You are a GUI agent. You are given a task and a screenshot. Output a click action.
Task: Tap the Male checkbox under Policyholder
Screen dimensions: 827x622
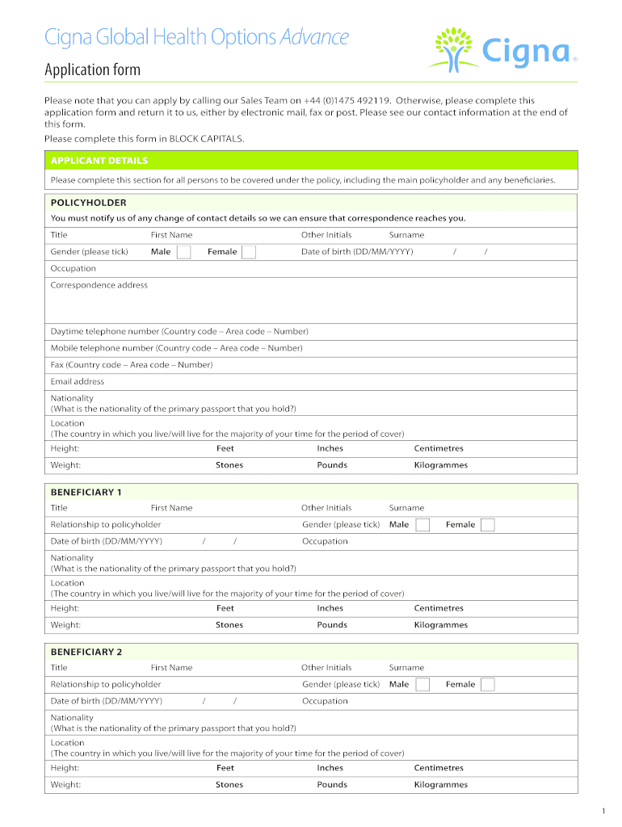tap(184, 252)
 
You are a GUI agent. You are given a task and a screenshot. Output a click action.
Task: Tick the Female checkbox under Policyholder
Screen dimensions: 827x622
tap(249, 252)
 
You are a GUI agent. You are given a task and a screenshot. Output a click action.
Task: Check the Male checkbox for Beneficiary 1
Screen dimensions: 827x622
tap(422, 525)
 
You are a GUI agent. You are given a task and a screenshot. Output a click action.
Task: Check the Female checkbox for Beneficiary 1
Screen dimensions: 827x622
tap(487, 525)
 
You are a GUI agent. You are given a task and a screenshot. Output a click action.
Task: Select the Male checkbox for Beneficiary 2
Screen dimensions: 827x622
tap(422, 685)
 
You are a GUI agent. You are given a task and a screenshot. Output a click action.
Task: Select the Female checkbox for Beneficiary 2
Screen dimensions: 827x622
tap(487, 685)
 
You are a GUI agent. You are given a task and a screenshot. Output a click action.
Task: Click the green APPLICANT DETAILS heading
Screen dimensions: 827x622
tap(99, 161)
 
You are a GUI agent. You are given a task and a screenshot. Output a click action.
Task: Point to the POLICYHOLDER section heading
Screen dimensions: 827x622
tap(89, 203)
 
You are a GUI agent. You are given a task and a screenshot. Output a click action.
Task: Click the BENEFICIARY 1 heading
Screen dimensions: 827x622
tap(86, 492)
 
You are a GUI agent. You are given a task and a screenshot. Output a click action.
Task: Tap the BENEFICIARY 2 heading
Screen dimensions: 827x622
tap(86, 652)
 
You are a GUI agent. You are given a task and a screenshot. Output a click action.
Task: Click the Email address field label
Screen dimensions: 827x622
tap(78, 381)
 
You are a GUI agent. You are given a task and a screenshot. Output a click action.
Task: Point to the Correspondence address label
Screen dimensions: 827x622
tap(99, 285)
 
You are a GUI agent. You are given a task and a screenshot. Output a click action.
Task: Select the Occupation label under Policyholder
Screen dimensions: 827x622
tap(74, 268)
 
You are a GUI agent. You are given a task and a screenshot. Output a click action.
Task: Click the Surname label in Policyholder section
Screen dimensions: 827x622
tap(406, 235)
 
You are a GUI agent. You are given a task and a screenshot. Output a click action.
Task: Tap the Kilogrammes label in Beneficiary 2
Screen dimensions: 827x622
tap(441, 785)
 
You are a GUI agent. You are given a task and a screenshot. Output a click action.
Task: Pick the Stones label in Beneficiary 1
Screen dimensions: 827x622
tap(229, 625)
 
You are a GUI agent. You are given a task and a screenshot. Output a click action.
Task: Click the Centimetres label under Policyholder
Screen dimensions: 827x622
tap(439, 448)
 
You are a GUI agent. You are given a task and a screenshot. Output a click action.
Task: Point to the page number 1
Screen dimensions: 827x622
tap(603, 811)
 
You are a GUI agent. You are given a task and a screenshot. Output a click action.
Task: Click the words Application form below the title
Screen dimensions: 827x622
tap(92, 70)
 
